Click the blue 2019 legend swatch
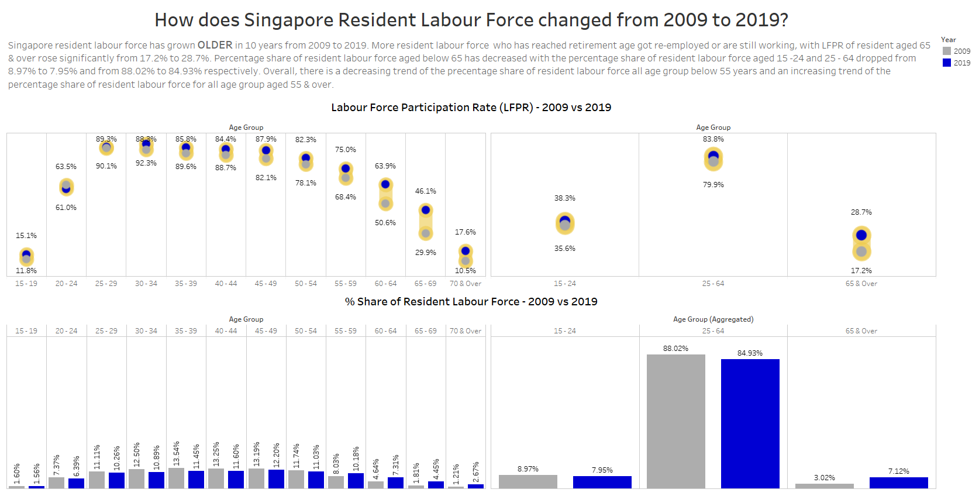pos(947,63)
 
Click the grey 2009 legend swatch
pos(947,51)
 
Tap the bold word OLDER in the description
pos(215,45)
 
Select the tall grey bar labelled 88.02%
pos(675,421)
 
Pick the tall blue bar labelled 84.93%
pos(750,423)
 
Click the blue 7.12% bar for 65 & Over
pos(898,483)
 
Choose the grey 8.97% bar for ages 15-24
pos(528,481)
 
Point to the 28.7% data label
pos(861,212)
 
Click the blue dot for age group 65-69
pos(426,210)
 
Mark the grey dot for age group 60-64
pos(385,204)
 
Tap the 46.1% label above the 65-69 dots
pos(425,191)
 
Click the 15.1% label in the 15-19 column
pos(26,236)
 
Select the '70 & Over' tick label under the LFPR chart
pos(466,284)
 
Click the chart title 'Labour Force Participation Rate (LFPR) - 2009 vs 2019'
pos(471,108)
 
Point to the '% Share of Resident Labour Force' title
pos(471,302)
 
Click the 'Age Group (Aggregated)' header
pos(713,319)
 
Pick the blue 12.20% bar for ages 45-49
pos(276,478)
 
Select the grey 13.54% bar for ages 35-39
pos(176,478)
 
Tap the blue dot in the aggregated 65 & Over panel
pos(861,235)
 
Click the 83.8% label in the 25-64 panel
pos(713,139)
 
